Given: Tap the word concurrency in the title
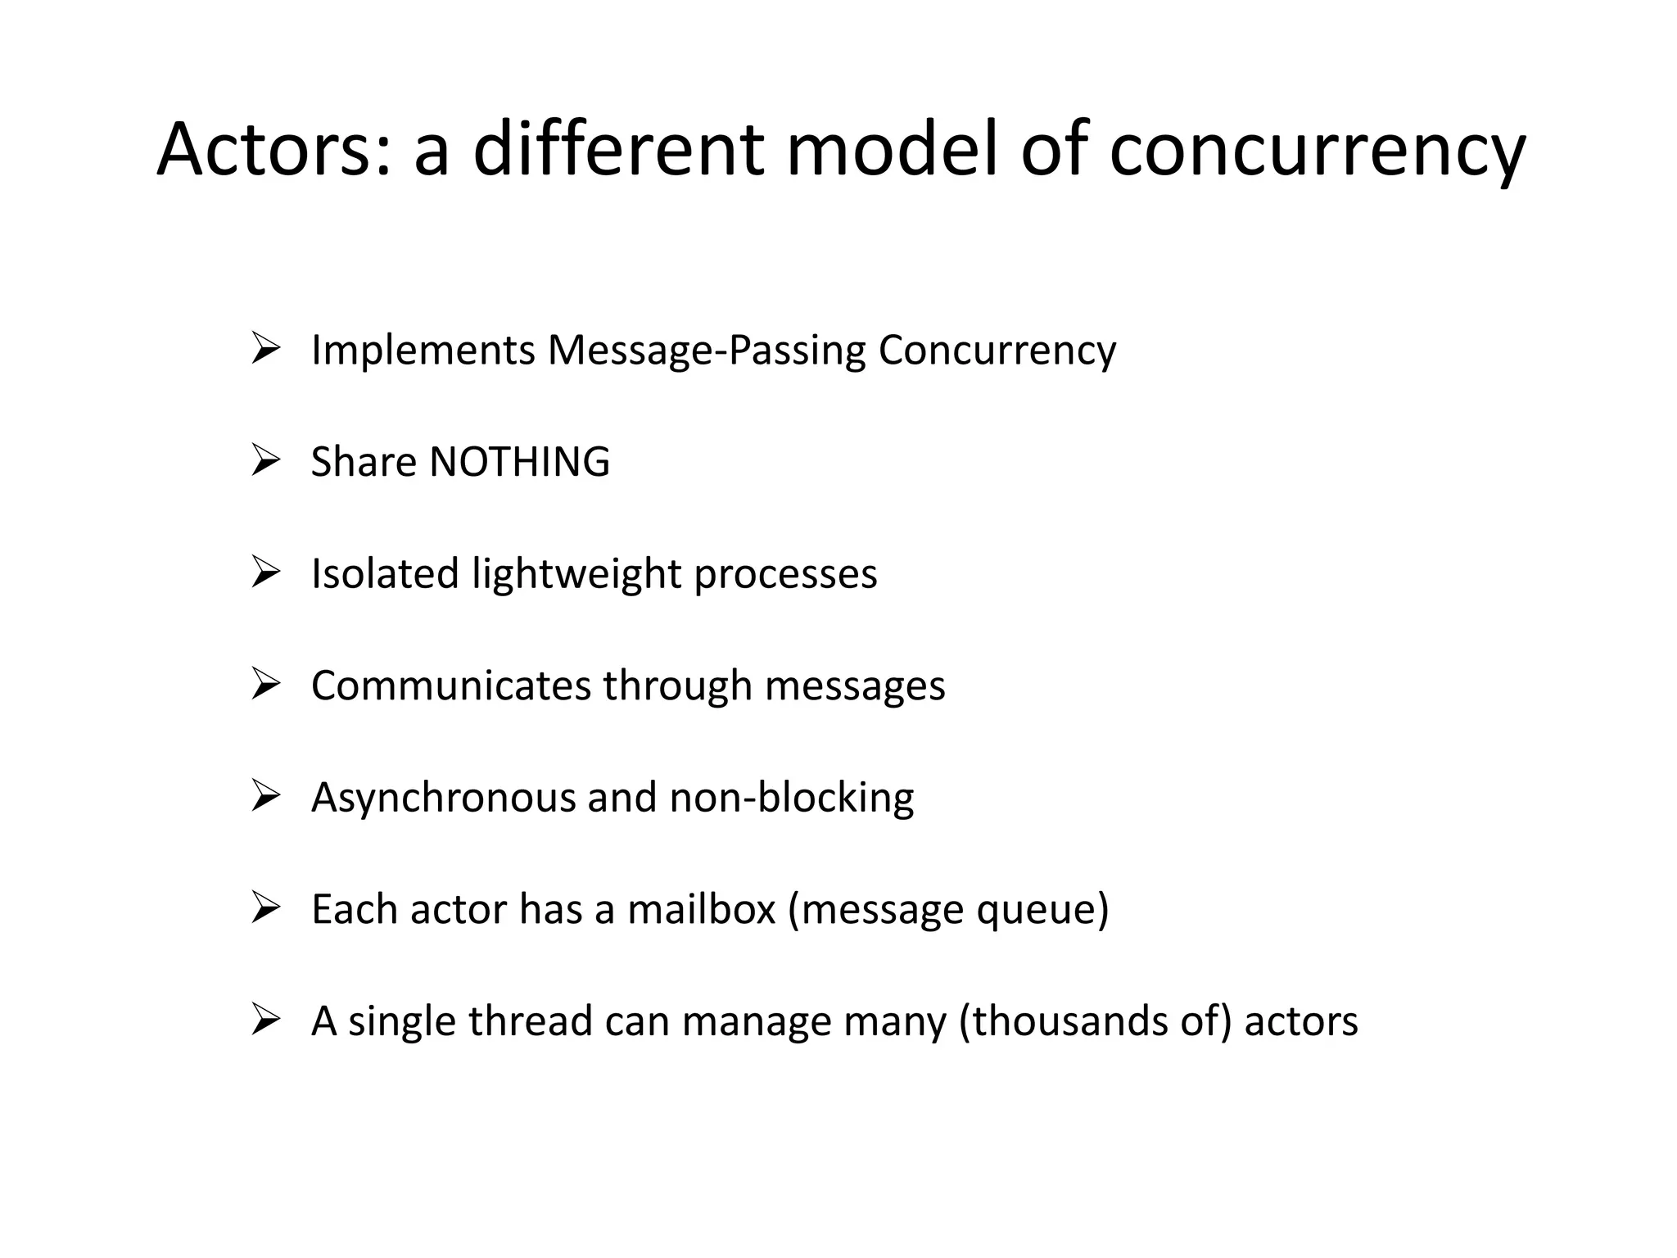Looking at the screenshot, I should pos(1317,149).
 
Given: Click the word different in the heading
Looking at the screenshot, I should pos(619,149).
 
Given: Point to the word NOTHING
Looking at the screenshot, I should pos(519,462).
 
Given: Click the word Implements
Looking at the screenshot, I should pos(423,351).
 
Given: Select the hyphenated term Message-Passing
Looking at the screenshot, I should pos(707,351).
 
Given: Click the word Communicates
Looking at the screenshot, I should pos(450,686).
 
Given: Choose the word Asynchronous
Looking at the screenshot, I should pos(443,798).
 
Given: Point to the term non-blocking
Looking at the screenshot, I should pos(791,797).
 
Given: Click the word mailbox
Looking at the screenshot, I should pos(701,909).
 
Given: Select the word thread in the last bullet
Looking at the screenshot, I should pos(530,1021).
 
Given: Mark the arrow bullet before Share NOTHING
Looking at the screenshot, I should pos(266,460).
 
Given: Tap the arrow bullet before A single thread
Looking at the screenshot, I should pos(266,1020).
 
